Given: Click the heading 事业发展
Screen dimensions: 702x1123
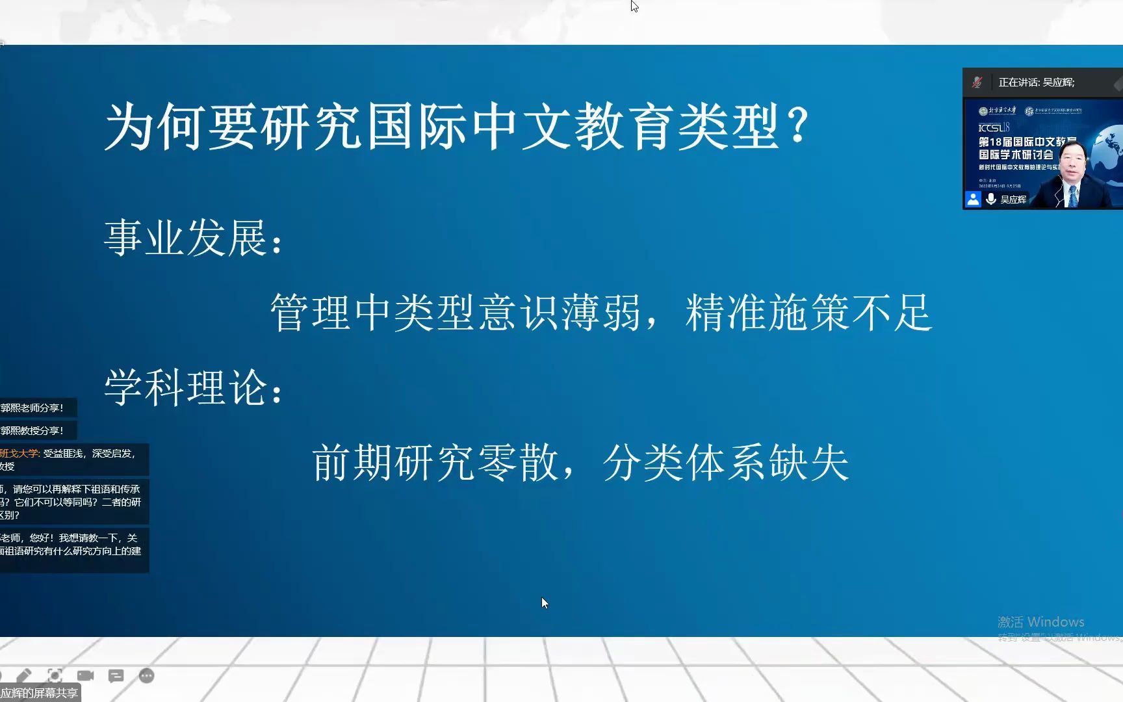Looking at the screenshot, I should tap(187, 237).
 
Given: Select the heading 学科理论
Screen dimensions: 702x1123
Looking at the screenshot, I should tap(187, 387).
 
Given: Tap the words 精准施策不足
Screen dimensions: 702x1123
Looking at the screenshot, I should tap(808, 313).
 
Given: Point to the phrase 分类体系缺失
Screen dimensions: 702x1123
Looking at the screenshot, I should tap(726, 463).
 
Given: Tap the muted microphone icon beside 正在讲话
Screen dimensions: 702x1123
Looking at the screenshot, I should tap(977, 83).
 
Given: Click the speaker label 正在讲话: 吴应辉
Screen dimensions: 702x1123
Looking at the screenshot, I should tap(1037, 83).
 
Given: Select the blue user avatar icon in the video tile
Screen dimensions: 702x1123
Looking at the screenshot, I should tap(973, 199).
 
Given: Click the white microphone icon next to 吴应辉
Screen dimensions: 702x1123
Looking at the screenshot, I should tap(991, 199).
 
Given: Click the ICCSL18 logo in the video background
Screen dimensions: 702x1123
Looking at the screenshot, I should tap(994, 127).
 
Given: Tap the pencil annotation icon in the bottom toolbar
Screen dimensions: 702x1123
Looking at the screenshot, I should tap(24, 676).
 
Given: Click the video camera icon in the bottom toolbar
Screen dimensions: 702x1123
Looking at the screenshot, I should tap(85, 676).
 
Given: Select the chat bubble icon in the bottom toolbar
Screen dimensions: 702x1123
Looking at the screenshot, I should tap(116, 676).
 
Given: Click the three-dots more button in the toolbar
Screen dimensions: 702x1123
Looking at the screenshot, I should tap(147, 676).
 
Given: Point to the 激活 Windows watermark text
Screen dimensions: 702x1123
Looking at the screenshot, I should tap(1040, 622).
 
